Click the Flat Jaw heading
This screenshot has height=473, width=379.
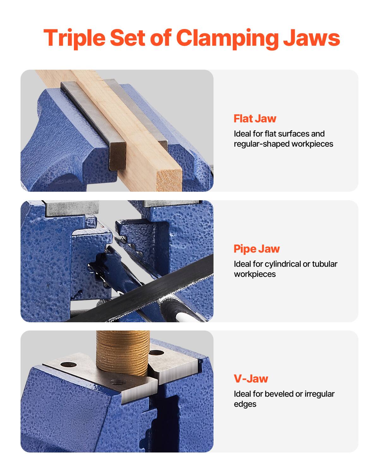[x=255, y=119]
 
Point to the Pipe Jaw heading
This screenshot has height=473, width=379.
[x=256, y=249]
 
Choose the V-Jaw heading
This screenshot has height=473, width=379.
[x=251, y=379]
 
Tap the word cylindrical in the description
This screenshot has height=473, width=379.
[x=283, y=264]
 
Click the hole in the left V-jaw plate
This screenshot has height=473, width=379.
[x=69, y=365]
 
